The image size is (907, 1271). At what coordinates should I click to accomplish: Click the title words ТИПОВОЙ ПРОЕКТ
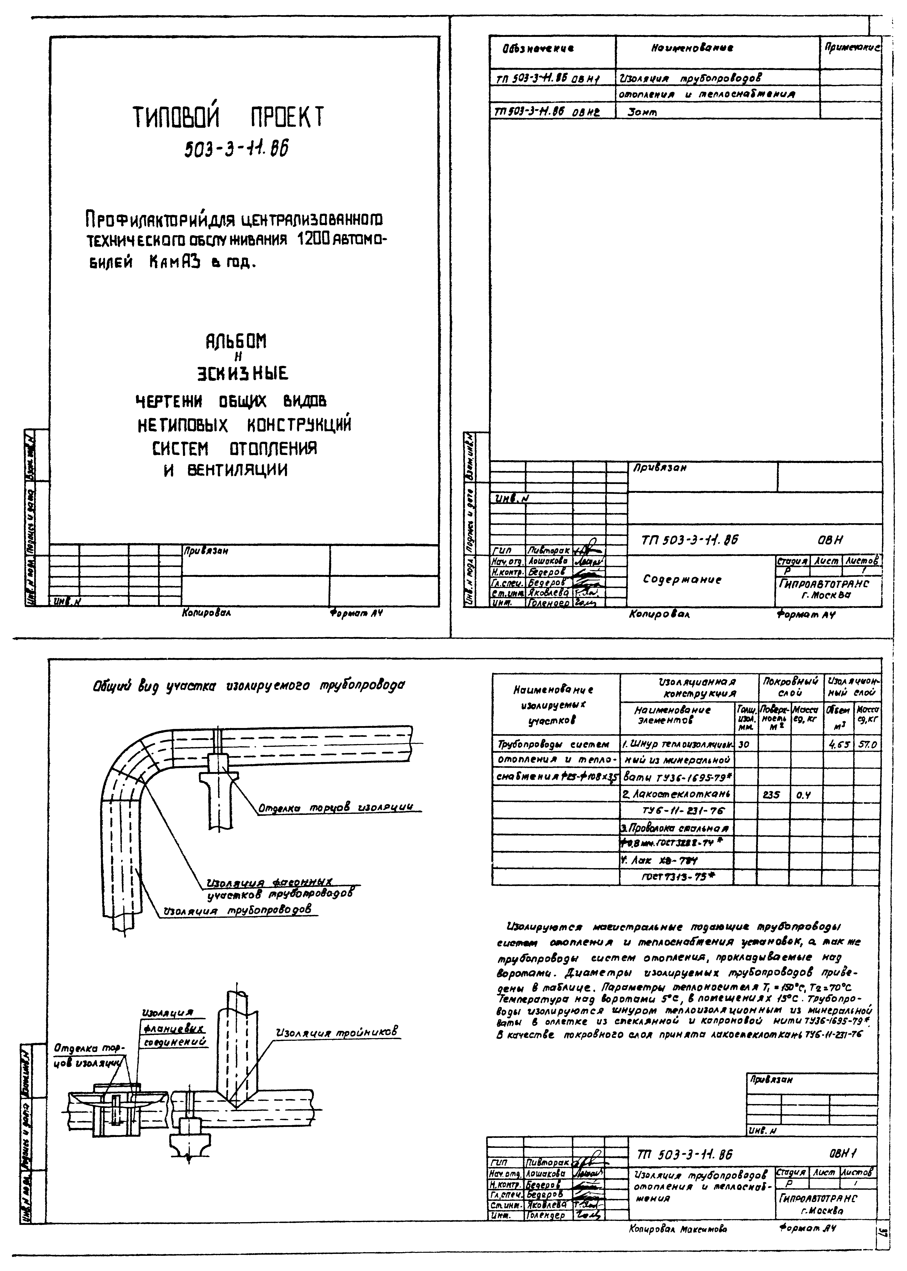pos(228,117)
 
